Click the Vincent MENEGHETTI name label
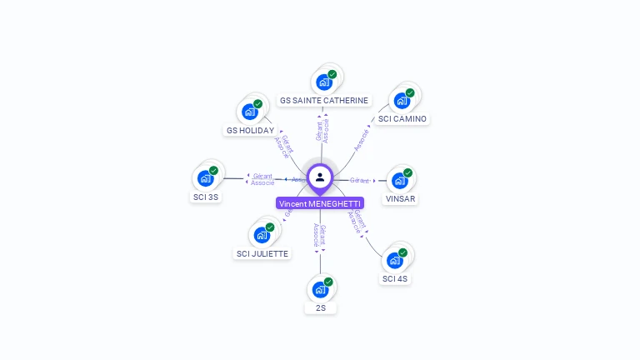pos(320,203)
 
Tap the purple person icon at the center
pos(320,177)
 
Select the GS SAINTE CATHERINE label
pos(324,101)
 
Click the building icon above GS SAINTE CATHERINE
pos(323,82)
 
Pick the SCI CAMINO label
pos(402,119)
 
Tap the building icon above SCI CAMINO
pos(402,101)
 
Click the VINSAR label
pos(400,199)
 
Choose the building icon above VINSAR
pos(400,180)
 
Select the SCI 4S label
pos(394,279)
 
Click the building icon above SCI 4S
pos(394,260)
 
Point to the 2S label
pos(320,308)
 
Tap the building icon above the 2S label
pos(320,290)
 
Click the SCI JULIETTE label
pos(262,254)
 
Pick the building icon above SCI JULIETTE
pos(262,235)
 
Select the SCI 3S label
pos(205,197)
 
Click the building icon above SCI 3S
pos(205,178)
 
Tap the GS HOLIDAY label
pos(250,131)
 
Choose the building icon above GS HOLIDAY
pos(250,112)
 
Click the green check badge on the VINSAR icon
pos(407,172)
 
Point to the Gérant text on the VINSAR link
pos(359,180)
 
